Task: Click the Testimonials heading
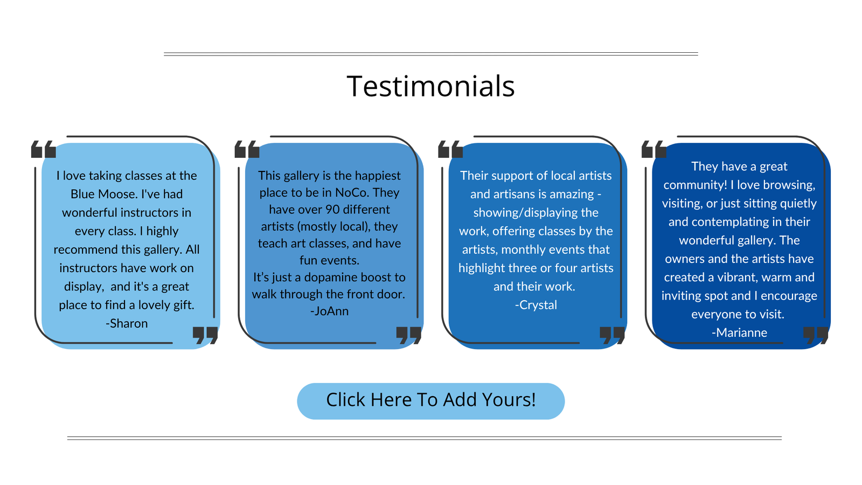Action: [x=430, y=86]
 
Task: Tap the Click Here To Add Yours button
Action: [x=430, y=401]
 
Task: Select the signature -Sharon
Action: [x=127, y=323]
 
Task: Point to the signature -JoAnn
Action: [x=329, y=311]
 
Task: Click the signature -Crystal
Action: [x=536, y=305]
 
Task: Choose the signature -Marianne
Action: [x=739, y=332]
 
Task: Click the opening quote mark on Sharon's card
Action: [x=44, y=149]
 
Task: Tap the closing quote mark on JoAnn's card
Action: [x=409, y=335]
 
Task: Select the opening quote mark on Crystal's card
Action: [x=450, y=149]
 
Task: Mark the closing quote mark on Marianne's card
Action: [x=816, y=335]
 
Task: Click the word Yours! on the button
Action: [x=509, y=399]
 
